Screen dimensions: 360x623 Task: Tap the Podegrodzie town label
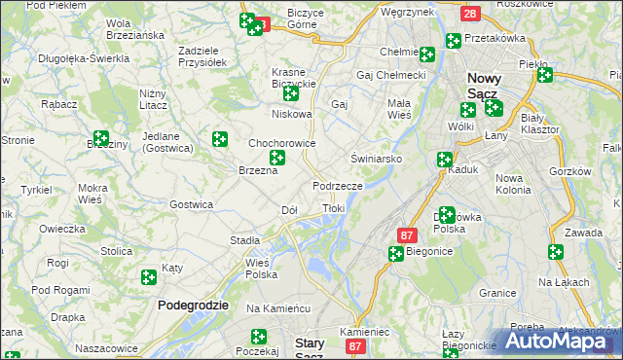click(193, 305)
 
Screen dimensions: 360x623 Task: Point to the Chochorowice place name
click(282, 142)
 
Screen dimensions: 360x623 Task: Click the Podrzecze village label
click(338, 185)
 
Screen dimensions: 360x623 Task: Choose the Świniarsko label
click(370, 157)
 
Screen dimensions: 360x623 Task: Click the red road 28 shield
click(470, 14)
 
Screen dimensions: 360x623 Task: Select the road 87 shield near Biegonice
click(408, 235)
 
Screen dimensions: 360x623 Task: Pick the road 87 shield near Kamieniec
click(356, 346)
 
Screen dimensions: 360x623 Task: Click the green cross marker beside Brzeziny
click(100, 138)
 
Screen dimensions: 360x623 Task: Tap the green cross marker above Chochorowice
click(220, 140)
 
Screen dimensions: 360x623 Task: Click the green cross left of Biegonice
click(396, 254)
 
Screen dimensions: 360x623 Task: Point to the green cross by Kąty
click(149, 277)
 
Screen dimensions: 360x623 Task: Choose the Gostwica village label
click(191, 204)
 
